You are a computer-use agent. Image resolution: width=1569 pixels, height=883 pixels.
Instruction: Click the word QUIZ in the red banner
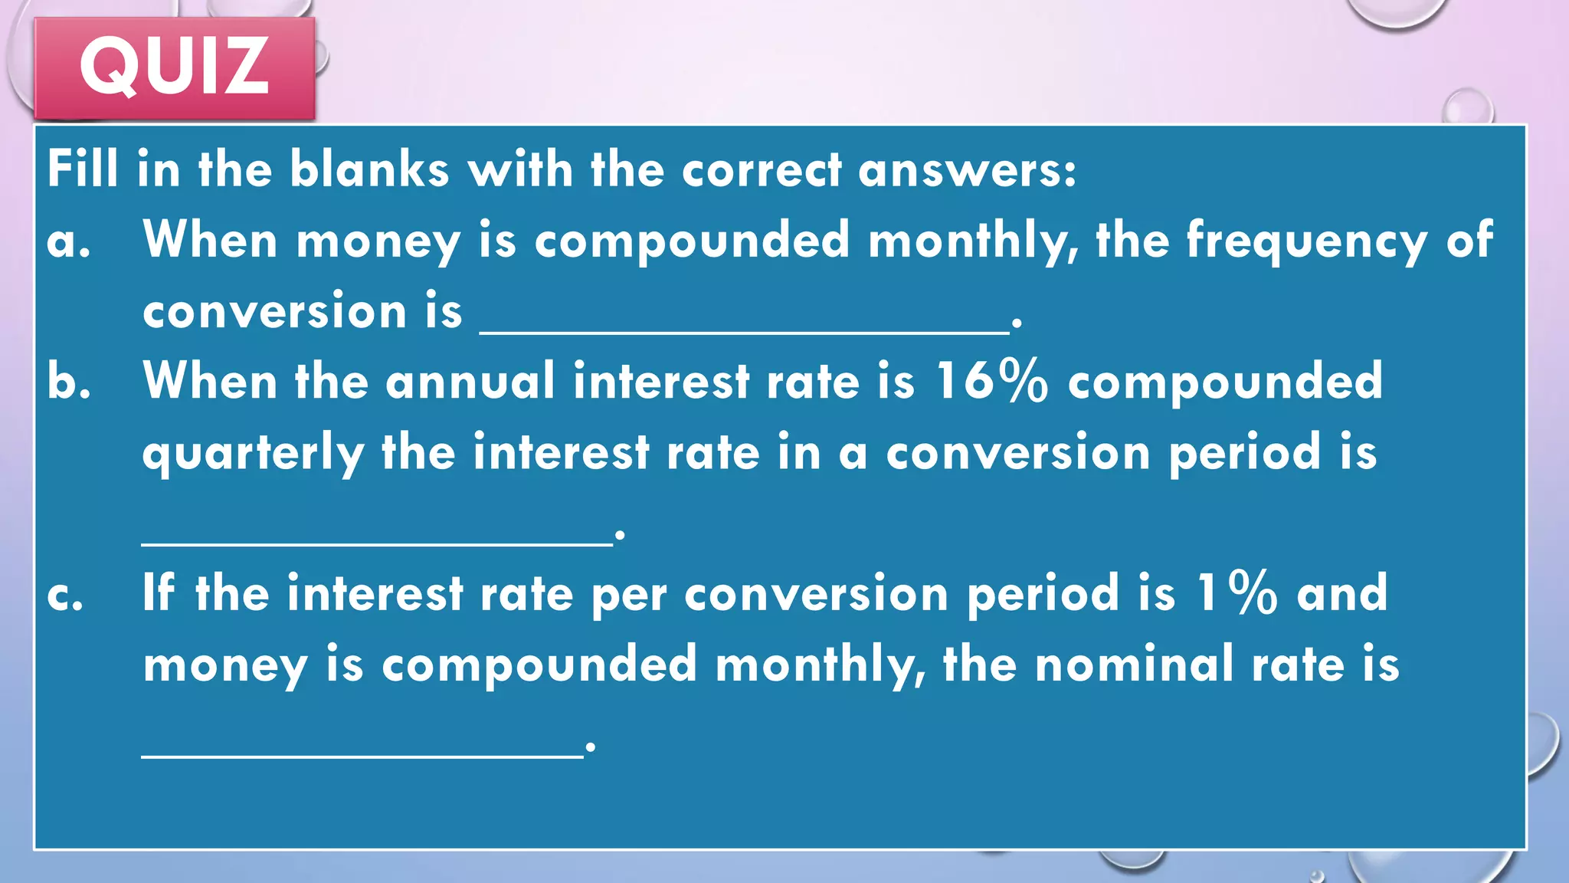[x=175, y=67]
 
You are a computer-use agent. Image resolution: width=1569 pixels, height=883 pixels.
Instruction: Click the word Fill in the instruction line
[x=83, y=169]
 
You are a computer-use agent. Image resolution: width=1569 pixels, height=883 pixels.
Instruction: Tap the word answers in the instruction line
[x=967, y=170]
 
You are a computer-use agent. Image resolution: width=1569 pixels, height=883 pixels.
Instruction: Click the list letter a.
[x=68, y=242]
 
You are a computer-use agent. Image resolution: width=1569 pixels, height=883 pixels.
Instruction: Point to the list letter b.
[x=68, y=381]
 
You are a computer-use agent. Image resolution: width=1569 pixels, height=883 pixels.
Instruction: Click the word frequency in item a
[x=1306, y=242]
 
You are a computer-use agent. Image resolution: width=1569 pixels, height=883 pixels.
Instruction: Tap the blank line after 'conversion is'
[x=744, y=330]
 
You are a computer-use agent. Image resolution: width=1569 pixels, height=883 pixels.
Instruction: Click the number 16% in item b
[x=991, y=381]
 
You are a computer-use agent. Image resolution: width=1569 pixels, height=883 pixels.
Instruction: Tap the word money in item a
[x=378, y=242]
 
